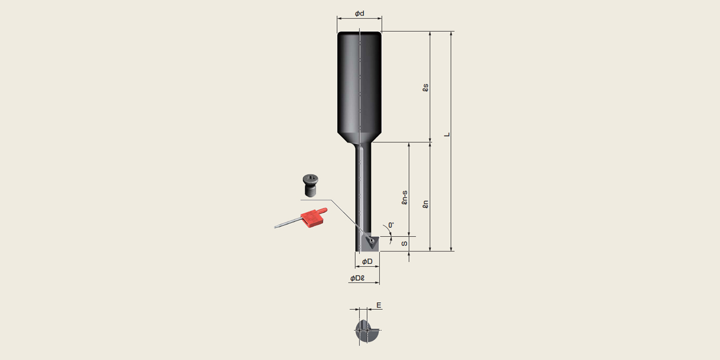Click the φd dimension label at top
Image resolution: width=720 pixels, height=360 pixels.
coord(359,14)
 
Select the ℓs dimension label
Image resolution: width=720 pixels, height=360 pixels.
coord(425,88)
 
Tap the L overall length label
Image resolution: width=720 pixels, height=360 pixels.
coord(447,134)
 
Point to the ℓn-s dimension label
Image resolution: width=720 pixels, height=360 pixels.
coord(405,197)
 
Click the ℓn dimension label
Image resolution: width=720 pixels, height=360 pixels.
coord(425,205)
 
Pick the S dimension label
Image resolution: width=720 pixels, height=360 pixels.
coord(404,244)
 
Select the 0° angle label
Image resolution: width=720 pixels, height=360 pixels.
coord(391,225)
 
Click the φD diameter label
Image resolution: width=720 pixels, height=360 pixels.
coord(367,262)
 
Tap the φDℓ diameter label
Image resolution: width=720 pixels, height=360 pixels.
coord(357,278)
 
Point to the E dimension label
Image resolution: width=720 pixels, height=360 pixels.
coord(379,305)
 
